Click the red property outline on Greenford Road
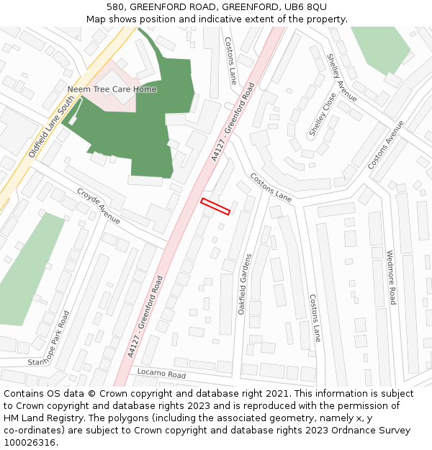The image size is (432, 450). (215, 206)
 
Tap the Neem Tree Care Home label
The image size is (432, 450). (112, 89)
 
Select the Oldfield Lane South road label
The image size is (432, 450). (52, 129)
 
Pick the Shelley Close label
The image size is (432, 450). (323, 115)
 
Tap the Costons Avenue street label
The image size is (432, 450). (387, 145)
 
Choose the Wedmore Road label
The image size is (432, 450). (391, 277)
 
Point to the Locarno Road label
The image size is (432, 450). (161, 373)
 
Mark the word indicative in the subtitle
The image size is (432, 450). (197, 19)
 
